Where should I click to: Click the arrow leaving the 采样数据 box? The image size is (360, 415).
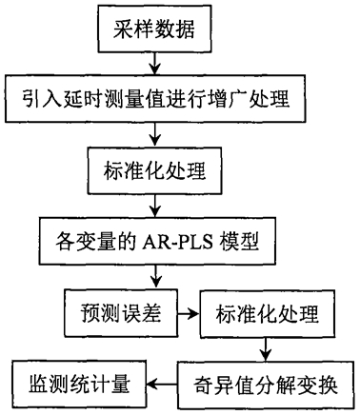[x=155, y=64]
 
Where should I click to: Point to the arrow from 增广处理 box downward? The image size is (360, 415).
[x=155, y=134]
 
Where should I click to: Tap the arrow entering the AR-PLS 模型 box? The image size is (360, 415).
[x=155, y=206]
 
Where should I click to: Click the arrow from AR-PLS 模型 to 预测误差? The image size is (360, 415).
[x=155, y=277]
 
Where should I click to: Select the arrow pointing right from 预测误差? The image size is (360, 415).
[x=189, y=314]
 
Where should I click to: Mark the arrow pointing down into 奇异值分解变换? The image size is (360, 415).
[x=267, y=349]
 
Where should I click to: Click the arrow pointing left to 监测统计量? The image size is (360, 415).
[x=162, y=385]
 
